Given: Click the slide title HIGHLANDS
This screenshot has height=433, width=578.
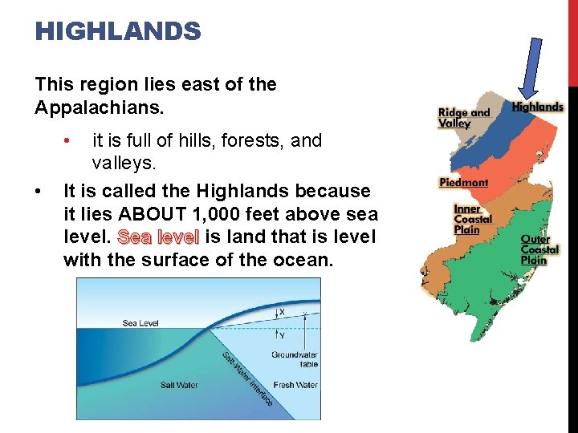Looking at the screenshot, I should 118,32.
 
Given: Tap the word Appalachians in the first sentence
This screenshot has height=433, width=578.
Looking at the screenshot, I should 93,107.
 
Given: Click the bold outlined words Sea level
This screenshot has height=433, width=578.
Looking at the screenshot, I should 158,237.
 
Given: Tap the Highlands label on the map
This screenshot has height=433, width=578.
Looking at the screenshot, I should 537,107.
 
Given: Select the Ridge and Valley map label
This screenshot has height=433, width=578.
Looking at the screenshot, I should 463,118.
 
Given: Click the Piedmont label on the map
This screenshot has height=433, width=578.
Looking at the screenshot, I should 463,183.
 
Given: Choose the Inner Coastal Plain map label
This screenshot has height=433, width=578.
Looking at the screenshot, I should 473,219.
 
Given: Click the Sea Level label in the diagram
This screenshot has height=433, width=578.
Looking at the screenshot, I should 140,323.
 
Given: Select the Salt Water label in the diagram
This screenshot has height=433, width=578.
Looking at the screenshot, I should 179,385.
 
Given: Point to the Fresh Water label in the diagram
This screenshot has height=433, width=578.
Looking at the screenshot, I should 295,385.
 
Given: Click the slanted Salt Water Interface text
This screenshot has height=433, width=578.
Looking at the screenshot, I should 246,378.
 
